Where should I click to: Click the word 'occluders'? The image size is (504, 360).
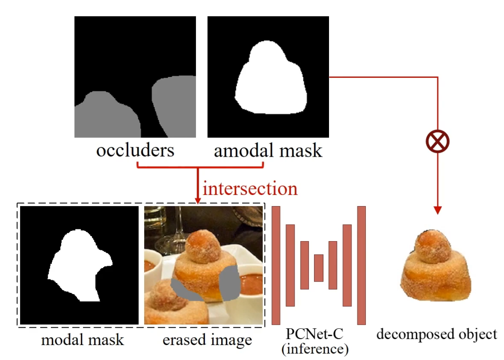click(x=135, y=151)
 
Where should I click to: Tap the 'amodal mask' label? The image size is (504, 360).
click(x=268, y=151)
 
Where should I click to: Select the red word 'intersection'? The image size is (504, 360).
click(x=250, y=188)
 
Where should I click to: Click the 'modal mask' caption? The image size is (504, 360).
click(x=83, y=339)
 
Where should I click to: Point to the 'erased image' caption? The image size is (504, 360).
click(x=207, y=339)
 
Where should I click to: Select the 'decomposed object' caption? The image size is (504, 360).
click(x=437, y=334)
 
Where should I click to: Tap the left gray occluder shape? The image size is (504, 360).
click(x=105, y=117)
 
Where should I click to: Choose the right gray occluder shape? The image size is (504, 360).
click(x=174, y=105)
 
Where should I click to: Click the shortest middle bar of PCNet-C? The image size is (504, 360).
click(x=319, y=268)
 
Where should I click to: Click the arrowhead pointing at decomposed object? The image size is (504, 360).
click(x=438, y=210)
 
